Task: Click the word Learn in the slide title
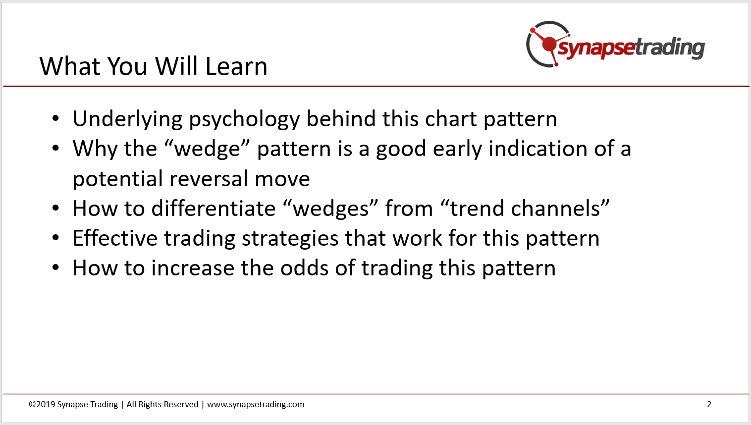point(236,66)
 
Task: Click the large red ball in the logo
point(549,44)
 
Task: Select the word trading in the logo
point(670,48)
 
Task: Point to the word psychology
point(244,119)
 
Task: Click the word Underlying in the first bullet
point(127,119)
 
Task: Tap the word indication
point(538,149)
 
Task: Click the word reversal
point(208,179)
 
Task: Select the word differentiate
point(214,208)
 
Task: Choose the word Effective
point(115,238)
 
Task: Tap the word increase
point(193,268)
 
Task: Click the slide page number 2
point(709,404)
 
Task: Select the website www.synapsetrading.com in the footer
point(256,405)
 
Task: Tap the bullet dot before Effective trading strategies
point(55,238)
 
